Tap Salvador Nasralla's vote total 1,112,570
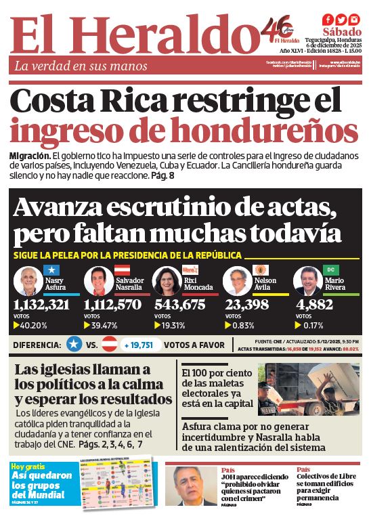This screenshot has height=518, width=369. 112,305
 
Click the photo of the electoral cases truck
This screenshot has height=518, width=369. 309,389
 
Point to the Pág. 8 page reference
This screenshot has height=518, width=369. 162,175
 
